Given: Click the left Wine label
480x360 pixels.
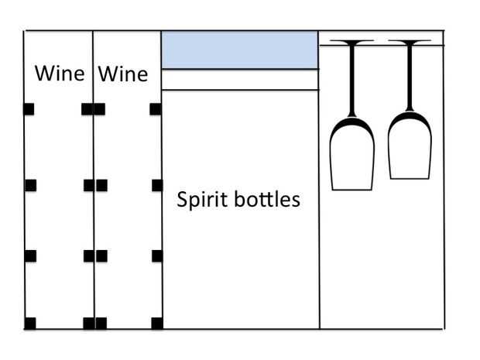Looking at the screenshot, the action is pyautogui.click(x=60, y=74).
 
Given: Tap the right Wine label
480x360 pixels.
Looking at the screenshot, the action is pyautogui.click(x=123, y=74).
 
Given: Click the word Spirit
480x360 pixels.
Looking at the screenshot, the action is pyautogui.click(x=202, y=200).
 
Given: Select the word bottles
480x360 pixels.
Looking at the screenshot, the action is pyautogui.click(x=267, y=200).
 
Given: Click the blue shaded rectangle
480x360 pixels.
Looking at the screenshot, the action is pyautogui.click(x=240, y=50).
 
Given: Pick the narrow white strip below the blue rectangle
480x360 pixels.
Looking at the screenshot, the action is pyautogui.click(x=240, y=80).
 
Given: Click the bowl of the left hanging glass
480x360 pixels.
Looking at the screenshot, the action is pyautogui.click(x=352, y=153).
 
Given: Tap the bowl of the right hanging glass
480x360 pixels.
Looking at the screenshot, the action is pyautogui.click(x=410, y=146).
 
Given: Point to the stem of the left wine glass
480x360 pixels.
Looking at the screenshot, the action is pyautogui.click(x=352, y=80).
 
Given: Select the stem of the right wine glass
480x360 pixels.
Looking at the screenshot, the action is pyautogui.click(x=410, y=77).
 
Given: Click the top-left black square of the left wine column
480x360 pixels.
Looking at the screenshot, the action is pyautogui.click(x=29, y=109).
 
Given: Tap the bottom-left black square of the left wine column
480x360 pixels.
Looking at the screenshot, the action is pyautogui.click(x=30, y=324).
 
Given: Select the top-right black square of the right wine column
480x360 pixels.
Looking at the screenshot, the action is pyautogui.click(x=156, y=109).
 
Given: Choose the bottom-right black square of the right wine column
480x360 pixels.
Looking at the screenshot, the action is pyautogui.click(x=157, y=324).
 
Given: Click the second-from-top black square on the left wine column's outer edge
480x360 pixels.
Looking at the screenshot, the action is pyautogui.click(x=31, y=186).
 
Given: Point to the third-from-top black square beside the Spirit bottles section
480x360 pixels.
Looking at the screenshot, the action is pyautogui.click(x=157, y=256).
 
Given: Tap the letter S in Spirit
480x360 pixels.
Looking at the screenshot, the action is pyautogui.click(x=181, y=200).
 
